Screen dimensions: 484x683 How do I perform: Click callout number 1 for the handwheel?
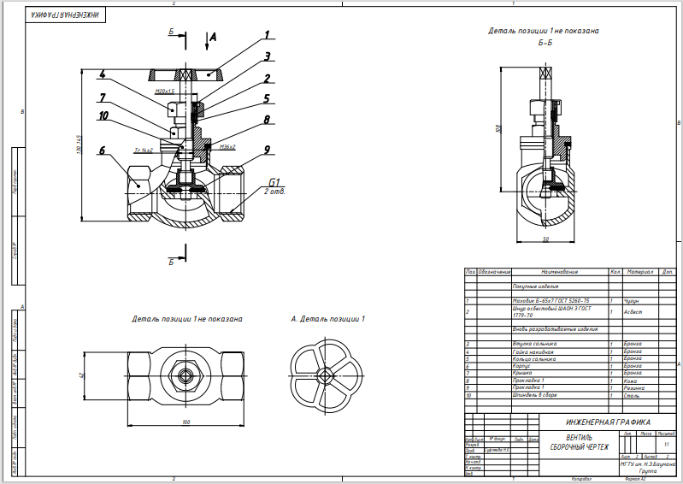pos(268,36)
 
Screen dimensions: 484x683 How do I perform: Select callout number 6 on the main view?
pos(102,151)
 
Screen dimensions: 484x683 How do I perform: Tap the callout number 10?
pos(103,115)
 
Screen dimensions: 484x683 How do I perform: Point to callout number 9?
pos(268,150)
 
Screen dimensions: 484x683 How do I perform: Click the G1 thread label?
pos(274,182)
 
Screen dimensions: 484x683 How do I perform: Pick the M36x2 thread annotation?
pos(227,147)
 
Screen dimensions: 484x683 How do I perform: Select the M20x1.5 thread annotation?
pos(165,91)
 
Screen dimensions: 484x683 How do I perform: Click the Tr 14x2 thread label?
pos(143,150)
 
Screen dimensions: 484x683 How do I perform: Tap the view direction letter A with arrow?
pos(213,38)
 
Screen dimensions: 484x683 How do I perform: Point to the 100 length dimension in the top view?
pos(185,422)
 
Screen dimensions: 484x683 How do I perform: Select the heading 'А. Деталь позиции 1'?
pos(327,319)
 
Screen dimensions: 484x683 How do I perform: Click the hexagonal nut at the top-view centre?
pos(185,375)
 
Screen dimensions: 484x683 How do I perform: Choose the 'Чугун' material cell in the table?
pos(631,301)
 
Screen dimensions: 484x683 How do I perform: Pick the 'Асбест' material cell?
pos(632,312)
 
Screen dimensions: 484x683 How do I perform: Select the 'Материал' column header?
pos(638,272)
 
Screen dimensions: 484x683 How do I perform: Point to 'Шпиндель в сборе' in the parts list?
pos(530,396)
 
